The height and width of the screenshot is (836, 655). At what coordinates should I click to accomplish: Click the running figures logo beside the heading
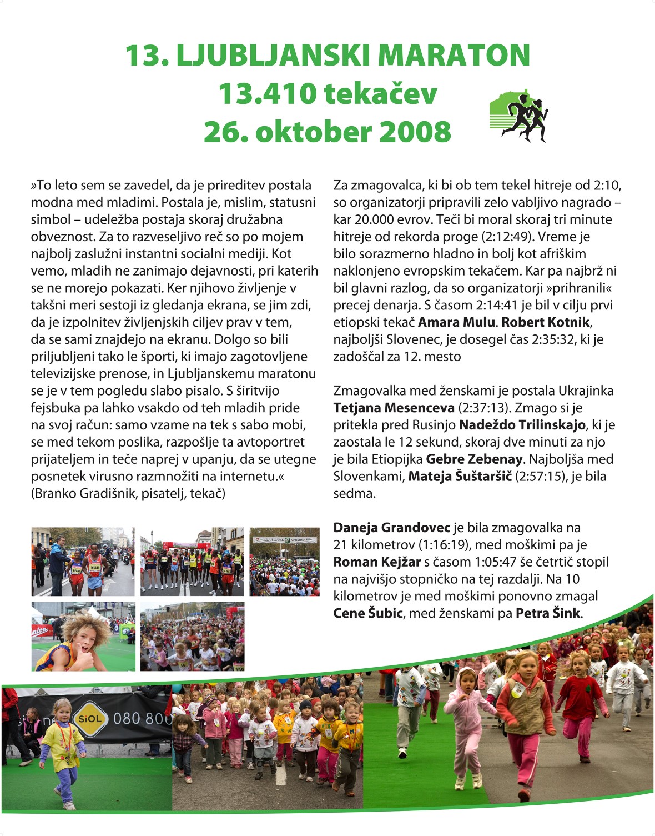click(519, 117)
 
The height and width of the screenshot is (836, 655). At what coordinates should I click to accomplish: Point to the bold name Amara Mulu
click(456, 322)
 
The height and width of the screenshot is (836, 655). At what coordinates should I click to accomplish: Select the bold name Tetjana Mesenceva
click(394, 408)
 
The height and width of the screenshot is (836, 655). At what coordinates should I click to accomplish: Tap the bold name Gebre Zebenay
click(474, 459)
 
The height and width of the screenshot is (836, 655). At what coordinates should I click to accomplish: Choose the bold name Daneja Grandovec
click(391, 528)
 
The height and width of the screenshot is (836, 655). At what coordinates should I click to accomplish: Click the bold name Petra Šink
click(548, 613)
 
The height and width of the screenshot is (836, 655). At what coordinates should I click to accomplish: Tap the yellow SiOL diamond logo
click(90, 718)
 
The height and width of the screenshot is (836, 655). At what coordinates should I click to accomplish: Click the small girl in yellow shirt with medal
click(62, 744)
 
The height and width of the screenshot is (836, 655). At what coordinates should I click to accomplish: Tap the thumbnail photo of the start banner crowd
click(284, 562)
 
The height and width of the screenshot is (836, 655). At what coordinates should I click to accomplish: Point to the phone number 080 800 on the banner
click(143, 719)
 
